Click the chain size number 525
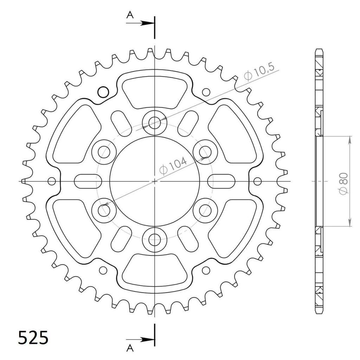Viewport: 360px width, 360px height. [x=33, y=338]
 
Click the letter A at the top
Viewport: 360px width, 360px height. [x=130, y=15]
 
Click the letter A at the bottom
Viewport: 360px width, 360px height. [x=130, y=348]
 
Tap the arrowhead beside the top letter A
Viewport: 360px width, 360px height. [x=147, y=23]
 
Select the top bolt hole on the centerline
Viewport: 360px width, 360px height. [x=155, y=123]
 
